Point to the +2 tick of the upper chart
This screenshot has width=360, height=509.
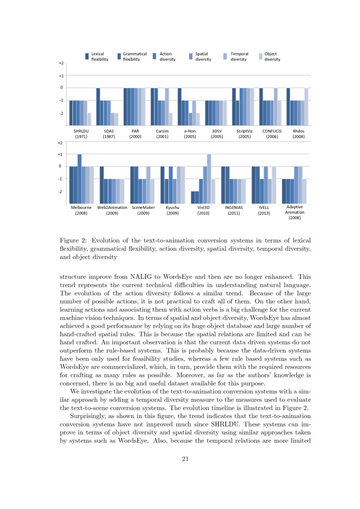point(61,63)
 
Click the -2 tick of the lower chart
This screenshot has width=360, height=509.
point(61,192)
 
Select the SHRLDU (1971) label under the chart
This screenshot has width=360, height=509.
point(81,133)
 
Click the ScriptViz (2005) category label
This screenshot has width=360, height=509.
point(244,133)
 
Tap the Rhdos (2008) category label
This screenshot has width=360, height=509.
point(299,133)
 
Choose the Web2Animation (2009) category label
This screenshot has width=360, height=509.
point(112,210)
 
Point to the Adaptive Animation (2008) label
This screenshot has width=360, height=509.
point(295,212)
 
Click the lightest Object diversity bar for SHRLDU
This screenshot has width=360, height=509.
point(89,119)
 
